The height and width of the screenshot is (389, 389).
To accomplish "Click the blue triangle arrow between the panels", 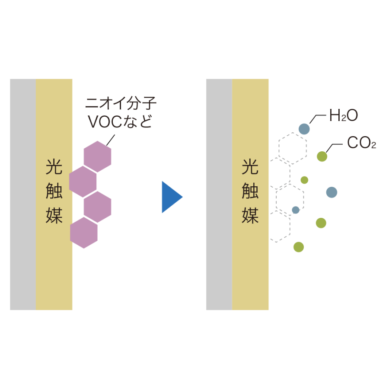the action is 171,197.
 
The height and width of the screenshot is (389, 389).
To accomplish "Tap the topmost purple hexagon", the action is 98,156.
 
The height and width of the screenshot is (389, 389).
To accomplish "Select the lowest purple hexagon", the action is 84,233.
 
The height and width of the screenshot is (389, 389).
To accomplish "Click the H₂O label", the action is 344,115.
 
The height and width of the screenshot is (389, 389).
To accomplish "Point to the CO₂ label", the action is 362,143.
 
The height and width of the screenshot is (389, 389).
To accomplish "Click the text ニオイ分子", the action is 121,103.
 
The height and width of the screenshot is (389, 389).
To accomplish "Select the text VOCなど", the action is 120,121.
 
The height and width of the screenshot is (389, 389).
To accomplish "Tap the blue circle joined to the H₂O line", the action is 304,129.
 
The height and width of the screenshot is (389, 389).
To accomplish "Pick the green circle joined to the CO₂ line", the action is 322,156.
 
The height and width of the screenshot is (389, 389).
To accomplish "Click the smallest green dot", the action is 304,180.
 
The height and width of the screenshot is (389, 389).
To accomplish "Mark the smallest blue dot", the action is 296,210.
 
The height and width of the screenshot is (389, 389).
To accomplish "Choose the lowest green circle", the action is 299,247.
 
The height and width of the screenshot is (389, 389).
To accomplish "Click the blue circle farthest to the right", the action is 332,192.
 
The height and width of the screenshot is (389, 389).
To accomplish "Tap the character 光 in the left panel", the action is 54,167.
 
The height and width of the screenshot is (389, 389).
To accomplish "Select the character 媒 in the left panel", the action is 54,215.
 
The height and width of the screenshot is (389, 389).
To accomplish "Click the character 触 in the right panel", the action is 250,191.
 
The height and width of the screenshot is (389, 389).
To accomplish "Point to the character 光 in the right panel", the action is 250,167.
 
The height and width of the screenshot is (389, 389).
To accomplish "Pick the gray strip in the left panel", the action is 23,194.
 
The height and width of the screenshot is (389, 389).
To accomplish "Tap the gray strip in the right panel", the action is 219,194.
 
